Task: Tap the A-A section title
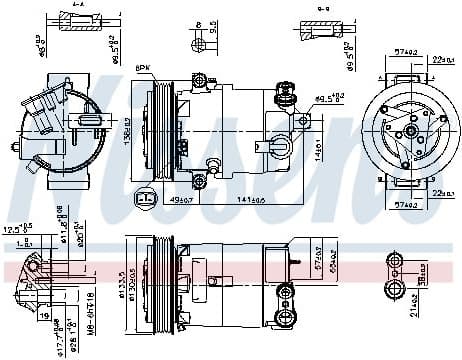click(x=79, y=6)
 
